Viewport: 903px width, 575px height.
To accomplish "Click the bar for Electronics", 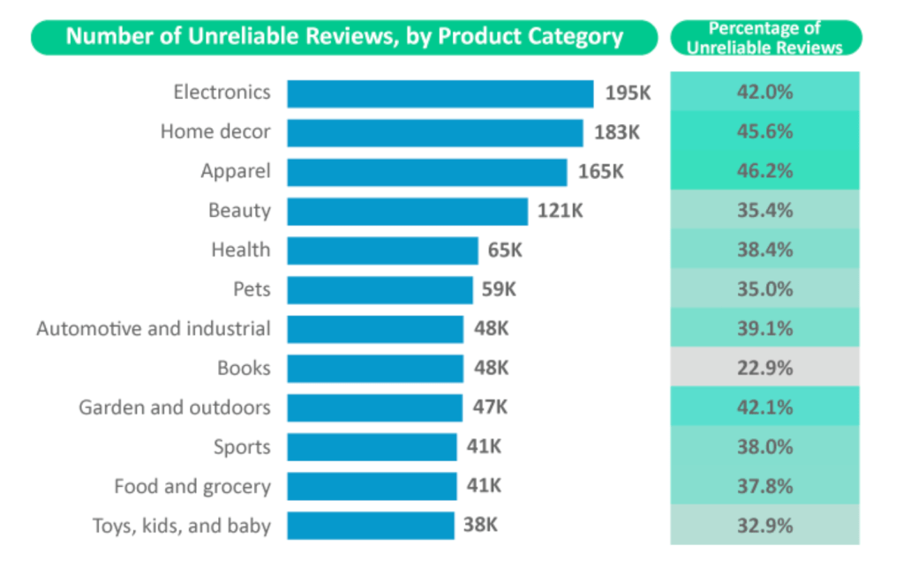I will tap(440, 93).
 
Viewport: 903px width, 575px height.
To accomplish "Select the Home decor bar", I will tap(434, 132).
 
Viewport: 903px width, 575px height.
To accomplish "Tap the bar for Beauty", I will tap(407, 212).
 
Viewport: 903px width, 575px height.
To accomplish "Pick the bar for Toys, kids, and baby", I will tap(370, 526).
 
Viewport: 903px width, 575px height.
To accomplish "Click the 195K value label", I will tap(628, 93).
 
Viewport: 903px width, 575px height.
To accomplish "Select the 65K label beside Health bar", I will tap(505, 250).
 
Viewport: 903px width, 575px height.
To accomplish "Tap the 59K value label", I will tap(499, 289).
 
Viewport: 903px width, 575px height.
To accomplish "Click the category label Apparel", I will tap(236, 171).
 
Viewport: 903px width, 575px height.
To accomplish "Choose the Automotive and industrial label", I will tap(154, 329).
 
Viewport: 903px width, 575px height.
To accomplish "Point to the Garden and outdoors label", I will tap(175, 407).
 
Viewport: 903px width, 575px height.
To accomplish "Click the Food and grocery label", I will tap(192, 486).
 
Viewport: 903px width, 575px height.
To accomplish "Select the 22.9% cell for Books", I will tap(764, 368).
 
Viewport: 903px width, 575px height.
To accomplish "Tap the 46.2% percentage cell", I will tap(764, 171).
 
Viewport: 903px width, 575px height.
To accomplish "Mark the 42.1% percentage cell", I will tap(764, 407).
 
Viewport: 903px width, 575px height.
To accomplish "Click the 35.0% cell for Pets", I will tap(764, 289).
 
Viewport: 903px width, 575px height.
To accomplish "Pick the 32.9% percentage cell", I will tap(764, 526).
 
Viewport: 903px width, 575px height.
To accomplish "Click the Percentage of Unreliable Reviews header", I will tap(764, 38).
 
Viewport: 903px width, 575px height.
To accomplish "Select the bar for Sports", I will tap(372, 447).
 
